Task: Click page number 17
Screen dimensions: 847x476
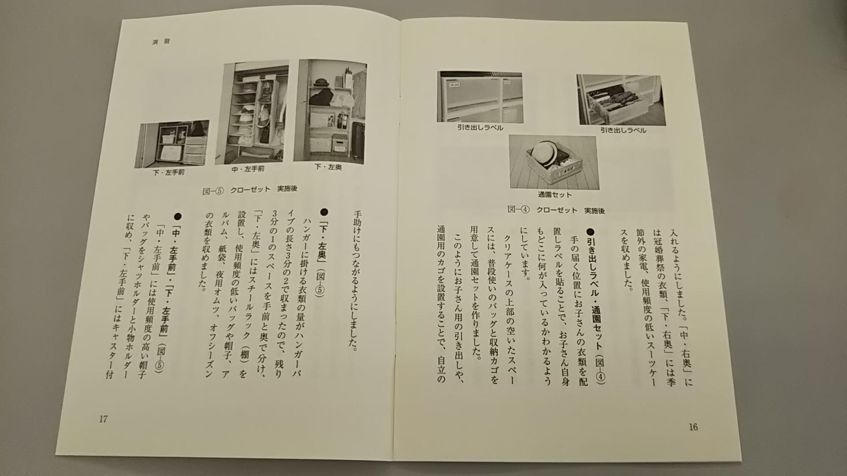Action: [103, 419]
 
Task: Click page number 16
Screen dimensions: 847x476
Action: [693, 427]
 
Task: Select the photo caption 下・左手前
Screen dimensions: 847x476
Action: [169, 172]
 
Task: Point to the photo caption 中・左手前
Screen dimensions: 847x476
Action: [248, 169]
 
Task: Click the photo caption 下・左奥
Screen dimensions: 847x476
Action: [329, 167]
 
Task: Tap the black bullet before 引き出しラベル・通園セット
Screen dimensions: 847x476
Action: [592, 231]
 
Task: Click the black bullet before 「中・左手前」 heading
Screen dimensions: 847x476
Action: [178, 216]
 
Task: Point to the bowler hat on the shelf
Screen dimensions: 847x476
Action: [321, 82]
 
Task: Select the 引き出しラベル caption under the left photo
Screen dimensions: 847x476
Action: [480, 128]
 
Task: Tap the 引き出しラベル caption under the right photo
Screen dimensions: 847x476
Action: [623, 130]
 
